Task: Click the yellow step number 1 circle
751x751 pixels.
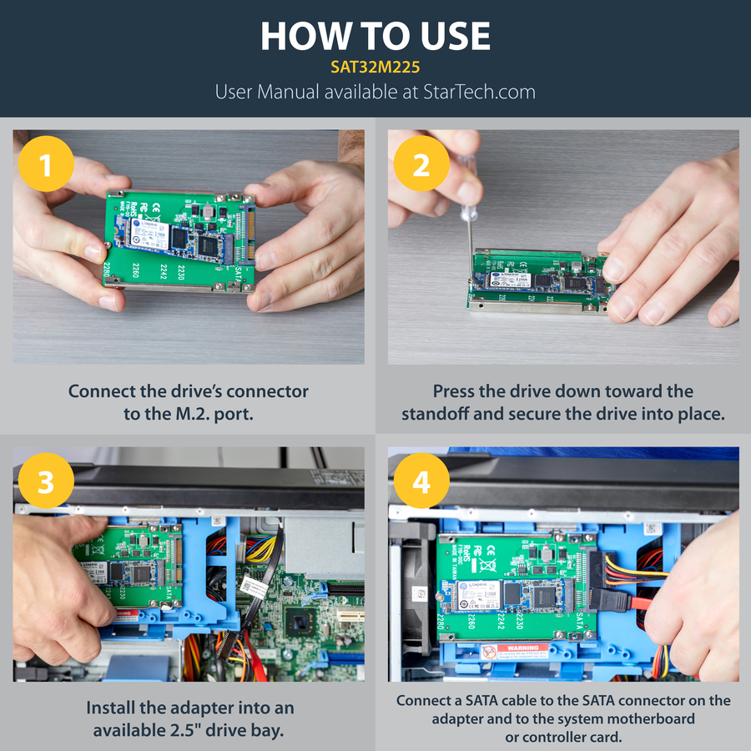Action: [x=46, y=165]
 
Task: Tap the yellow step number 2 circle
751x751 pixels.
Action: [x=421, y=165]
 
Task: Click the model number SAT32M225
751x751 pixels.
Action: [x=375, y=65]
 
